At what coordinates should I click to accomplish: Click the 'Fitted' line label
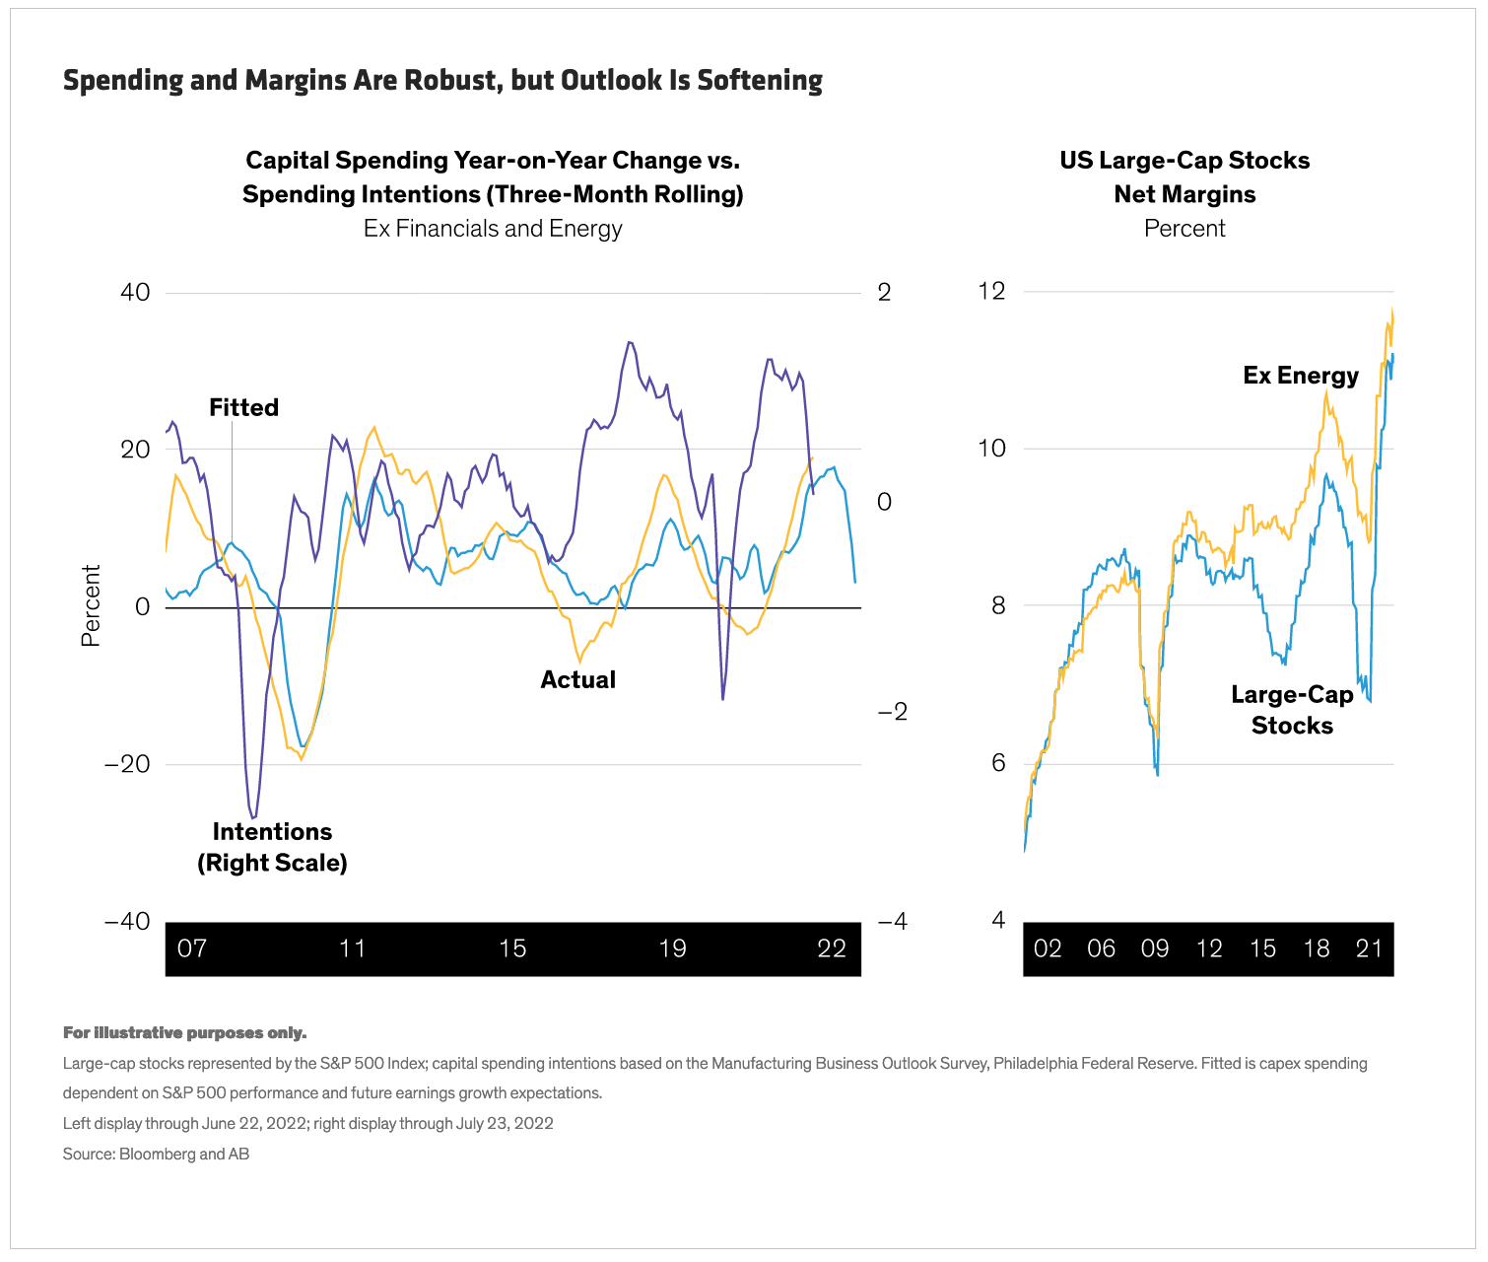pos(243,407)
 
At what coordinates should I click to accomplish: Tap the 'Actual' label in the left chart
pos(577,679)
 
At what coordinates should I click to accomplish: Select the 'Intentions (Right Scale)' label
pos(272,847)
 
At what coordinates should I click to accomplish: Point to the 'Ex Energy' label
pos(1301,376)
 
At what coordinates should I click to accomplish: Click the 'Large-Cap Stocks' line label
pos(1292,710)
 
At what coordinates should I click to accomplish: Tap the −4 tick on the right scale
pos(891,922)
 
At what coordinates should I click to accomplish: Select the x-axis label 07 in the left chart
pos(192,948)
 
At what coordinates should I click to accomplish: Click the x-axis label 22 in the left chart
pos(832,948)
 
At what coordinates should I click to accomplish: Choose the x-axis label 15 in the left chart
pos(512,948)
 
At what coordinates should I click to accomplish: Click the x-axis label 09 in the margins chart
pos(1155,948)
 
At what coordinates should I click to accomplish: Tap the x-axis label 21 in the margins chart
pos(1370,948)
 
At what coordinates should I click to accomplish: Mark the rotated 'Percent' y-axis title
pos(91,605)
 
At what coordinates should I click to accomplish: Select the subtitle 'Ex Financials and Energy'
pos(493,229)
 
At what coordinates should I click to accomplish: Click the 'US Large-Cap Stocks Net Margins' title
pos(1184,177)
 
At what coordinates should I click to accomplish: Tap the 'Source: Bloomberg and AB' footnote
pos(156,1154)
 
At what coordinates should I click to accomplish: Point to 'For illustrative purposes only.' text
pos(184,1033)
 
